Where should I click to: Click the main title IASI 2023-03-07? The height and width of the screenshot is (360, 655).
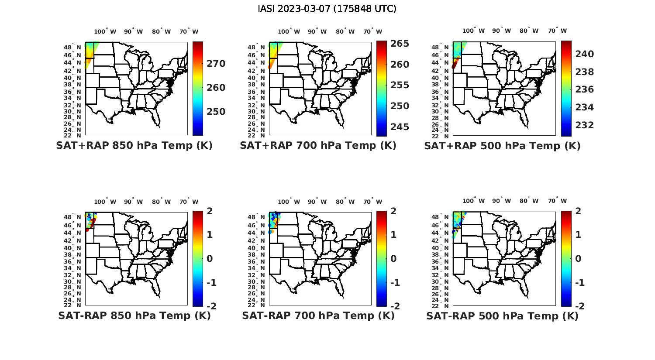point(327,9)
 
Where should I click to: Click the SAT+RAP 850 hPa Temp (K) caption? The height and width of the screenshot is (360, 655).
point(134,146)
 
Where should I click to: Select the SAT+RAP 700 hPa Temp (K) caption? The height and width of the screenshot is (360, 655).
point(318,146)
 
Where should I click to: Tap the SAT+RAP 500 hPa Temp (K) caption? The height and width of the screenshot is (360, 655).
point(502,146)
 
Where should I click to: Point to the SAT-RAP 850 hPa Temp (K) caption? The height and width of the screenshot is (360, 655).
point(134,315)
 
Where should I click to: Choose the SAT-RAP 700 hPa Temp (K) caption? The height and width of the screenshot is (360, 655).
point(318,315)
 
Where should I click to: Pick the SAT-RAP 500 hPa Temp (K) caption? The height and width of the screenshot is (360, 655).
point(502,315)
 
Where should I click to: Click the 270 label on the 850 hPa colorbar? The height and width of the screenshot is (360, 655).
point(216,64)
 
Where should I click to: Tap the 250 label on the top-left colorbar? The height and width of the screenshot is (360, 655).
point(216,112)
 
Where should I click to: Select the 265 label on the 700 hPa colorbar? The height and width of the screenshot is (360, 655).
point(400,44)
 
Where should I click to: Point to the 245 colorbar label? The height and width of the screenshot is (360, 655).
point(400,127)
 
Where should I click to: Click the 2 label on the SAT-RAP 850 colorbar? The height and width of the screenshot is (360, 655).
point(210,211)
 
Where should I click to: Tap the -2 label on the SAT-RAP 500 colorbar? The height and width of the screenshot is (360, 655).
point(580,306)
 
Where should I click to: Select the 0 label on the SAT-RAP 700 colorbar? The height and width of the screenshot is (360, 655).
point(393,259)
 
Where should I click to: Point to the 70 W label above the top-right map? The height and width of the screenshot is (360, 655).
point(558,31)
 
